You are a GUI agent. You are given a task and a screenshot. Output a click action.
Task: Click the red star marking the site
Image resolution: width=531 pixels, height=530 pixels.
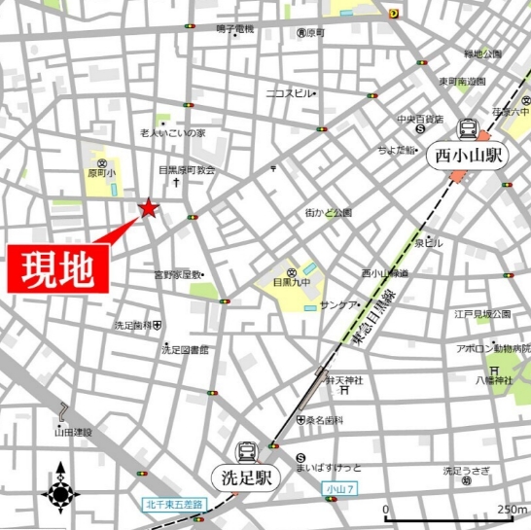[148, 206]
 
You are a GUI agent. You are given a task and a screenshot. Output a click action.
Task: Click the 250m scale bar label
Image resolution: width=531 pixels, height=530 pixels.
[513, 508]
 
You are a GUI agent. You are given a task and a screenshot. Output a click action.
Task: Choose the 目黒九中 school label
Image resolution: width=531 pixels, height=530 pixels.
[291, 285]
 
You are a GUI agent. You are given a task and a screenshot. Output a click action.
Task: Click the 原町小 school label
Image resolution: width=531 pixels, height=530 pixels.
[101, 172]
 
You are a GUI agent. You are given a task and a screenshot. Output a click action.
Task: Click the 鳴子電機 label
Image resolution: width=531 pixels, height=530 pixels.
[233, 30]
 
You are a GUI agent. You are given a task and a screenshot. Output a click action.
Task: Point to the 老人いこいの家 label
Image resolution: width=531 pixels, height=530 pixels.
[172, 132]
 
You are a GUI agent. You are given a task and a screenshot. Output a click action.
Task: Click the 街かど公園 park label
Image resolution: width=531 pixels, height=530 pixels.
[328, 212]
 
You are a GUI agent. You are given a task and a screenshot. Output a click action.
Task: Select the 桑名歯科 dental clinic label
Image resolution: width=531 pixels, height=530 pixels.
[327, 420]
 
